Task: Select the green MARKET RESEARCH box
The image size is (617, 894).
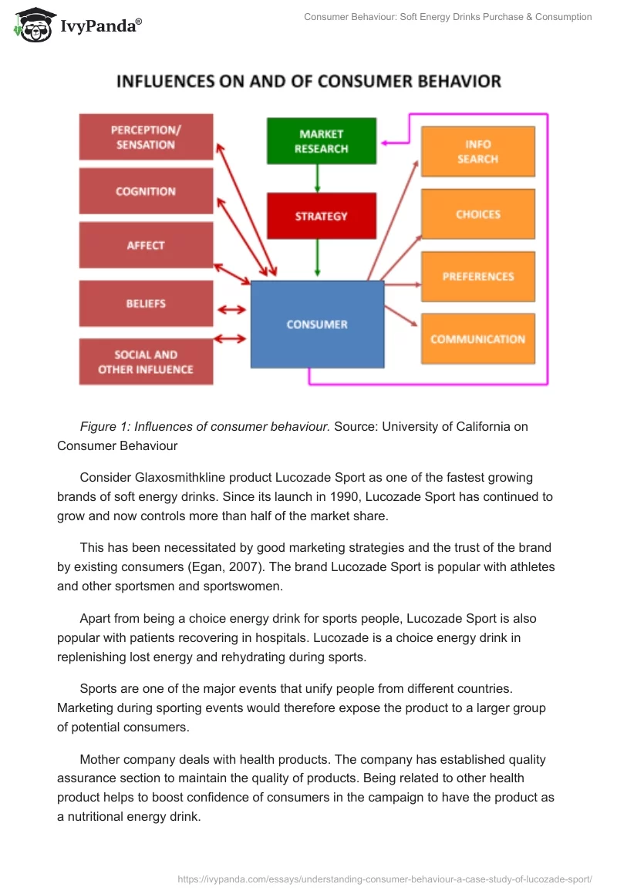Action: click(321, 141)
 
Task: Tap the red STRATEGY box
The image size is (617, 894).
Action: click(321, 217)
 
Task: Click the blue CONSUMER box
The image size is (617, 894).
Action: click(317, 324)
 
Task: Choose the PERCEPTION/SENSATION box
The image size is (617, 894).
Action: click(146, 137)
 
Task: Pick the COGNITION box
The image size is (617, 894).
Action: click(146, 191)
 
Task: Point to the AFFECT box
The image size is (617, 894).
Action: click(146, 245)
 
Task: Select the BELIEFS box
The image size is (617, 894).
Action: click(146, 304)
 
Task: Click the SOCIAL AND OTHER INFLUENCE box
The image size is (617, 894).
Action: click(146, 361)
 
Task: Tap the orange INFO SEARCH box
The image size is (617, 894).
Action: click(477, 152)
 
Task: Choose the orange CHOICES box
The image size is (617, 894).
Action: click(477, 214)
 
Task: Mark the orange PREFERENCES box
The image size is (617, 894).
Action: click(477, 276)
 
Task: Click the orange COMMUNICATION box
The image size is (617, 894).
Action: click(477, 338)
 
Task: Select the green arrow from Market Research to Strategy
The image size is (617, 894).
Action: click(317, 179)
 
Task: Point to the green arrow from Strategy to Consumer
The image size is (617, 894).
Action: click(317, 258)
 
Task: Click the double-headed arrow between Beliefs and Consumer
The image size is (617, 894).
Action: click(231, 310)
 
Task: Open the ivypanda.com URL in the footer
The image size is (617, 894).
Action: click(384, 877)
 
